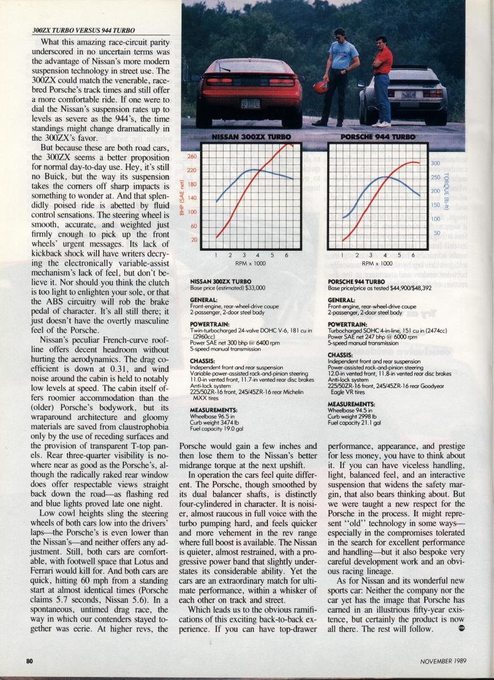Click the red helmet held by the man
321,86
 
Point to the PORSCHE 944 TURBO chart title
379,136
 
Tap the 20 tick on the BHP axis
193,240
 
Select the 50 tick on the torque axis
437,233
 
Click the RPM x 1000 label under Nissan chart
251,263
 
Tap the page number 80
29,660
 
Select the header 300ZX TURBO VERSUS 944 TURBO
83,30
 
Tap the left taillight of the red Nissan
219,81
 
